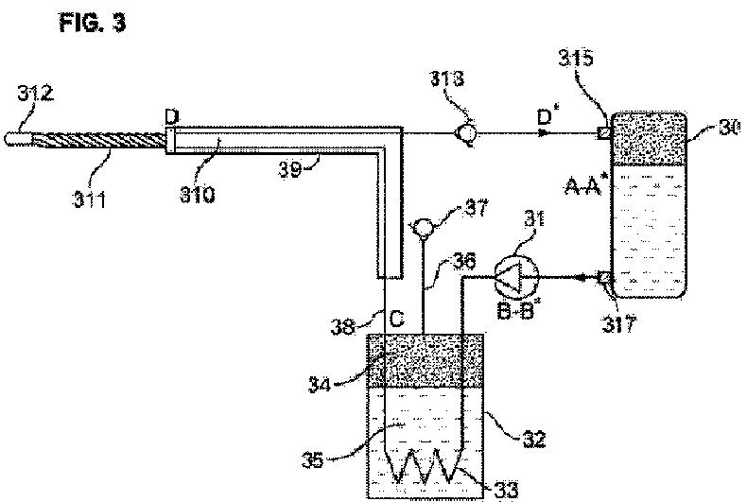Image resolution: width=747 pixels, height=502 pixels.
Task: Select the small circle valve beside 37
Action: pyautogui.click(x=423, y=229)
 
